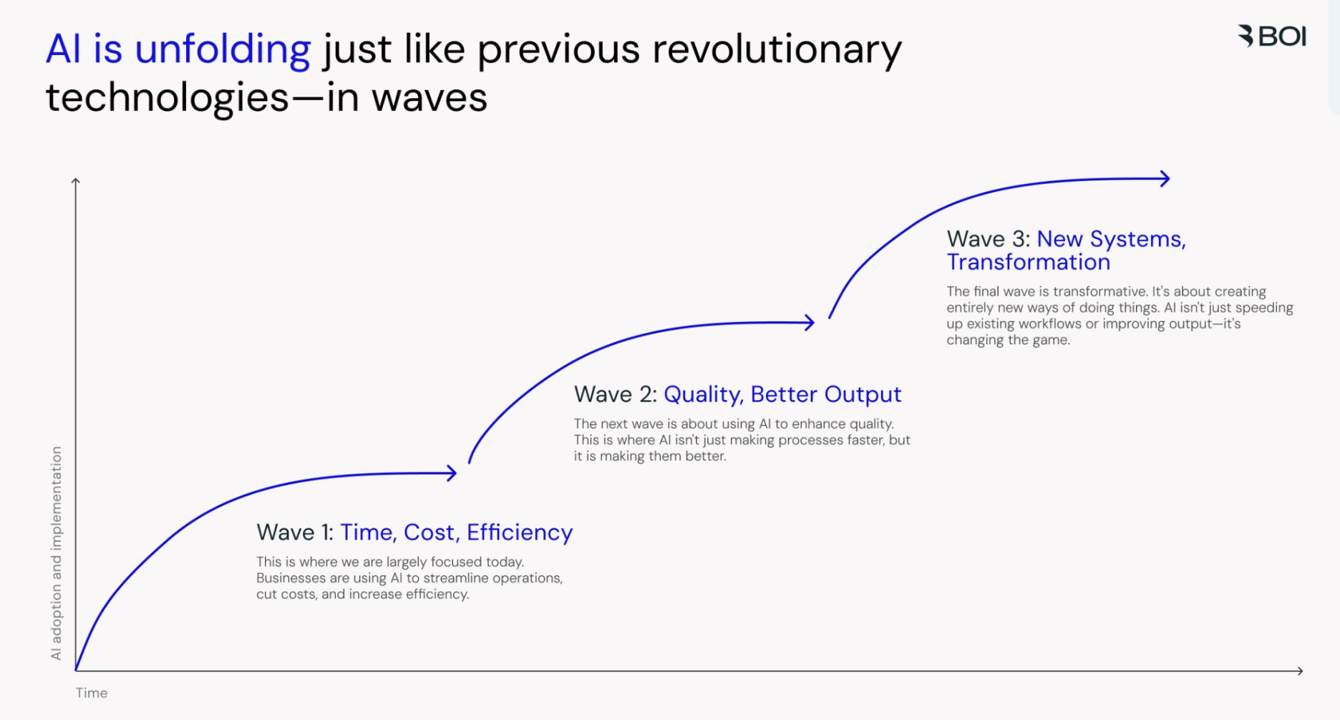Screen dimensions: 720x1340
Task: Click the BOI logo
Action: tap(1272, 36)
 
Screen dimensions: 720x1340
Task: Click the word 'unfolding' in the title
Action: tap(223, 49)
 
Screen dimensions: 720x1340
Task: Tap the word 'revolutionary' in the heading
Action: tap(777, 49)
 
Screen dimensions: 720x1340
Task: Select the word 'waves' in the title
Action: tap(429, 97)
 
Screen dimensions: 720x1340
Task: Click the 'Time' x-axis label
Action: tap(92, 693)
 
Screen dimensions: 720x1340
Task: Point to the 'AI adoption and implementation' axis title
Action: tap(57, 553)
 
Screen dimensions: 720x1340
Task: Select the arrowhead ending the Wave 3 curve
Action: tap(1166, 179)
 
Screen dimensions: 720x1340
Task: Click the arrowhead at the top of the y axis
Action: tap(75, 181)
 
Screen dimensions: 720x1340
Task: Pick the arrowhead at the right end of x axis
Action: tap(1299, 671)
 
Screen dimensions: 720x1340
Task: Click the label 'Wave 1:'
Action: tap(295, 532)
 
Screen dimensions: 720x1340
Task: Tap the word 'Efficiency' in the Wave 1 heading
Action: tap(520, 532)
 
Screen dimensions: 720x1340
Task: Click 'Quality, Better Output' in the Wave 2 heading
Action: tap(782, 394)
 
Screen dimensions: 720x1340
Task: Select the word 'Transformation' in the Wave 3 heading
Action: tap(1028, 263)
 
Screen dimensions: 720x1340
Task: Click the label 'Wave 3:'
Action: tap(988, 239)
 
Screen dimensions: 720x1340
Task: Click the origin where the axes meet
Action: tap(76, 671)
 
